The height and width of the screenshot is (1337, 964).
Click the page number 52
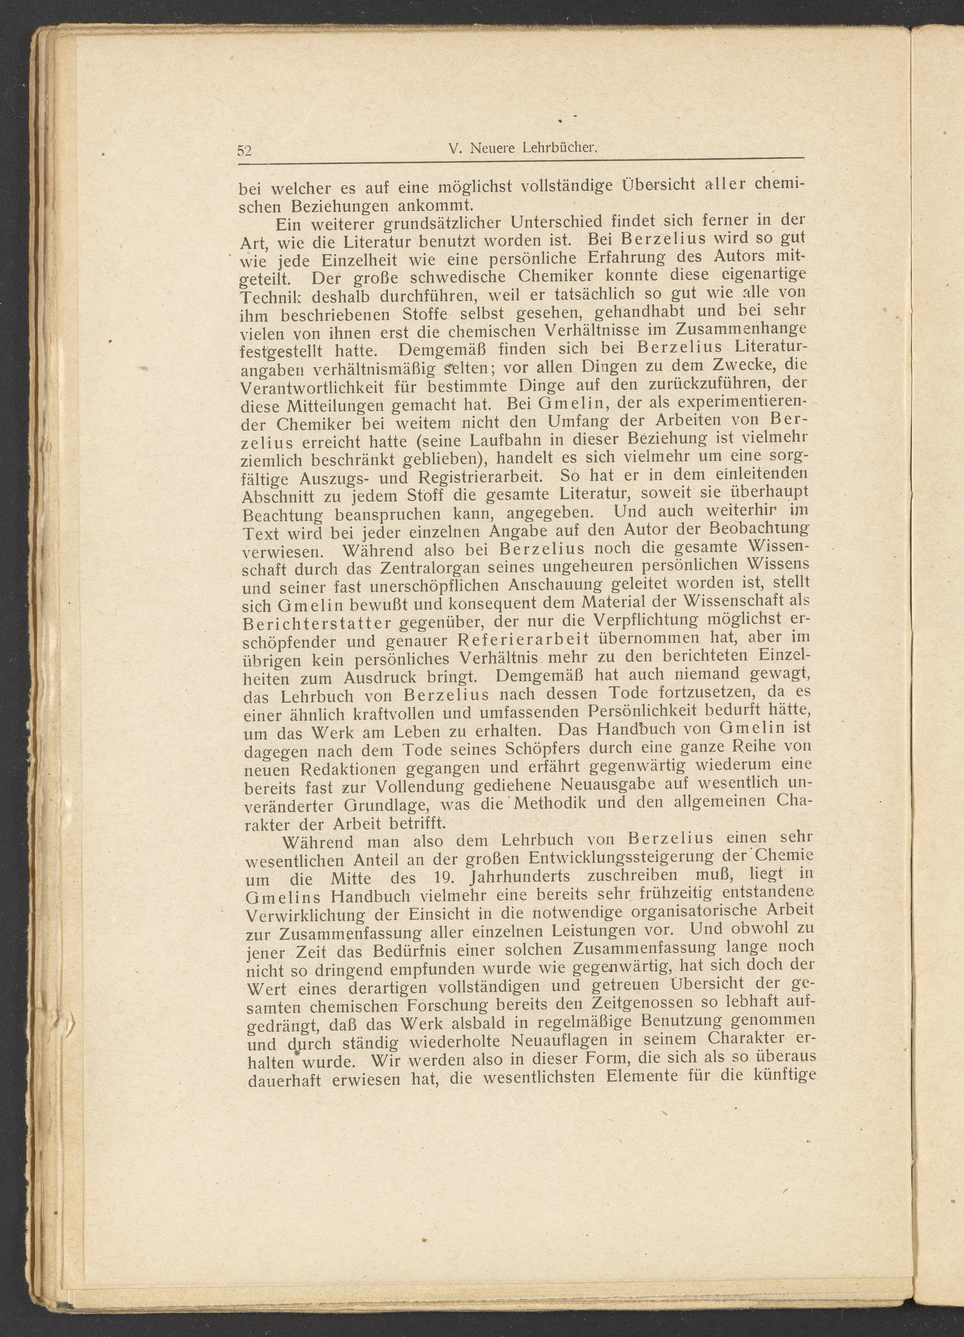244,150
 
